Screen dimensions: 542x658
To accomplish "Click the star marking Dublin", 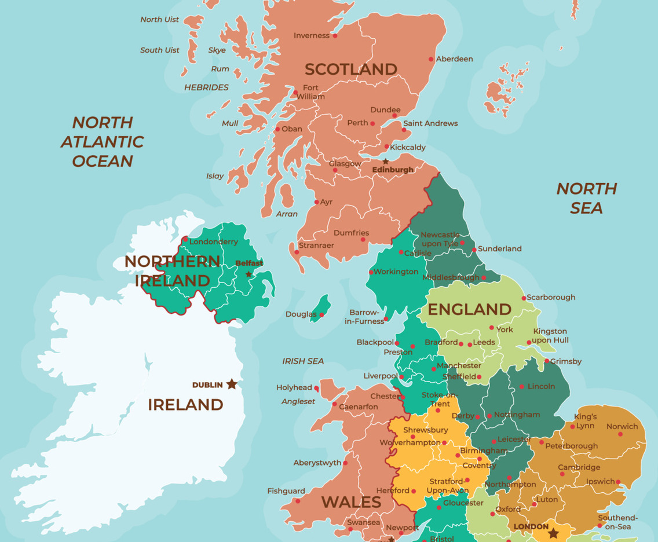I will pyautogui.click(x=232, y=384).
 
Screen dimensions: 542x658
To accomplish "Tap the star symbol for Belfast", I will pyautogui.click(x=249, y=274).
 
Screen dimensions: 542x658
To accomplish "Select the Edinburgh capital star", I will pyautogui.click(x=386, y=162).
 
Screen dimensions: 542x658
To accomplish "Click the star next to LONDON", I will pyautogui.click(x=553, y=532).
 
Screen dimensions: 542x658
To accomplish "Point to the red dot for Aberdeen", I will pyautogui.click(x=431, y=59).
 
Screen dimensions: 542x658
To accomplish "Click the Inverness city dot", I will pyautogui.click(x=335, y=36).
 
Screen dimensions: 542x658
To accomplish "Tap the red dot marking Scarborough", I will pyautogui.click(x=524, y=298).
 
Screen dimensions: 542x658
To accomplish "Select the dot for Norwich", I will pyautogui.click(x=620, y=434).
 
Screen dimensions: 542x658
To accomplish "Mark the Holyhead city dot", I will pyautogui.click(x=317, y=388).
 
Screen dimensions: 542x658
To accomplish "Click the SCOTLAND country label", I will pyautogui.click(x=351, y=69).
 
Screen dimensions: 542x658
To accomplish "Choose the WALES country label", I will pyautogui.click(x=351, y=501).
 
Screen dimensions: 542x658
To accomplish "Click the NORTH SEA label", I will pyautogui.click(x=586, y=198).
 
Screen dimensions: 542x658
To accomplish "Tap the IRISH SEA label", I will pyautogui.click(x=303, y=361).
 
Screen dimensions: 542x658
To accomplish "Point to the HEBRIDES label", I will pyautogui.click(x=206, y=87).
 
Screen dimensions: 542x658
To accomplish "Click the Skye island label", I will pyautogui.click(x=217, y=50).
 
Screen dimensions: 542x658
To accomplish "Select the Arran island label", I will pyautogui.click(x=287, y=214).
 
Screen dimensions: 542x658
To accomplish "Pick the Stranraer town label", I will pyautogui.click(x=317, y=246).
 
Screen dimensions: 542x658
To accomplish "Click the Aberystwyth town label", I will pyautogui.click(x=317, y=463).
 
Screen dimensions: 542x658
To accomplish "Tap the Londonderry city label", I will pyautogui.click(x=214, y=242).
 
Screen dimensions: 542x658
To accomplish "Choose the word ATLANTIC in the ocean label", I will pyautogui.click(x=103, y=142).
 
